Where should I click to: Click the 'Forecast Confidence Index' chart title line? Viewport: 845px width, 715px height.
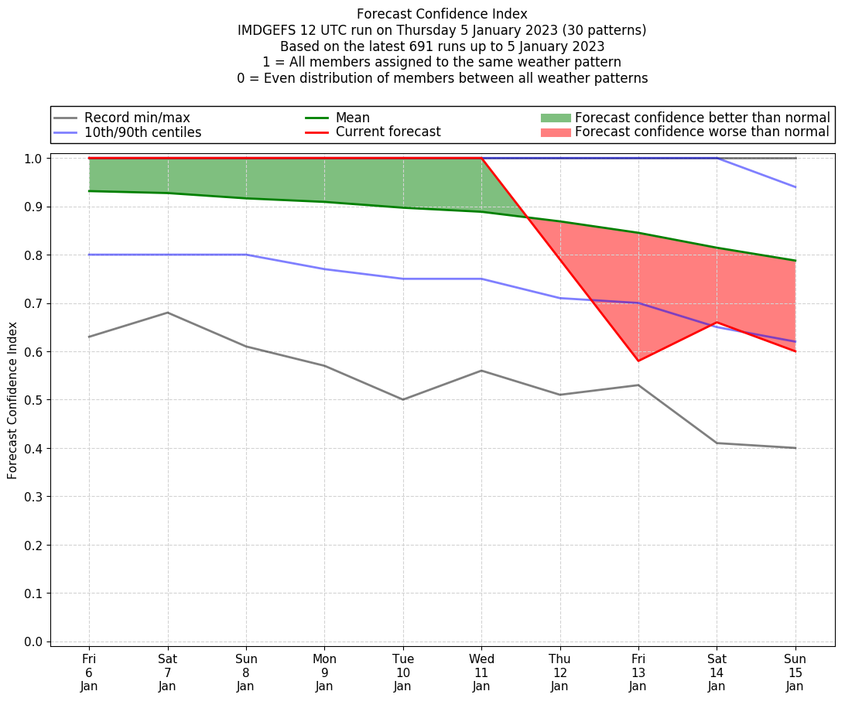[x=442, y=14]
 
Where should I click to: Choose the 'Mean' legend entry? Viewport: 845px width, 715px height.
[x=352, y=118]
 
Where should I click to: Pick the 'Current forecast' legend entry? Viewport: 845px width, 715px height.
[x=388, y=132]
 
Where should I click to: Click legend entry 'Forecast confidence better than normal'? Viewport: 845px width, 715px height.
[x=702, y=118]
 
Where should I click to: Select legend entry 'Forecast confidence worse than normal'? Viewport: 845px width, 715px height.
[x=702, y=132]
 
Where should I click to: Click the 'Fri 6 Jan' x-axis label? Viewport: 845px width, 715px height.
[x=89, y=672]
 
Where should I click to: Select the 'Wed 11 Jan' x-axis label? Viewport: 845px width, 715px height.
[x=481, y=672]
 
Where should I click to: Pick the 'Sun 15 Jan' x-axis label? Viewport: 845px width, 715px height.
[x=795, y=672]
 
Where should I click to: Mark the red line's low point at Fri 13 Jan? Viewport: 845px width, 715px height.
[x=638, y=361]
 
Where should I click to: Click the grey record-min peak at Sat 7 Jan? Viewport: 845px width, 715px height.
[x=168, y=313]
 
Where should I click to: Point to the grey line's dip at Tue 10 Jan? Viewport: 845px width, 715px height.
[x=403, y=399]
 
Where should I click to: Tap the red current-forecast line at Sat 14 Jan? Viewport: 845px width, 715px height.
[x=717, y=323]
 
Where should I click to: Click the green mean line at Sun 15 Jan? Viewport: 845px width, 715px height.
[x=795, y=261]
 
